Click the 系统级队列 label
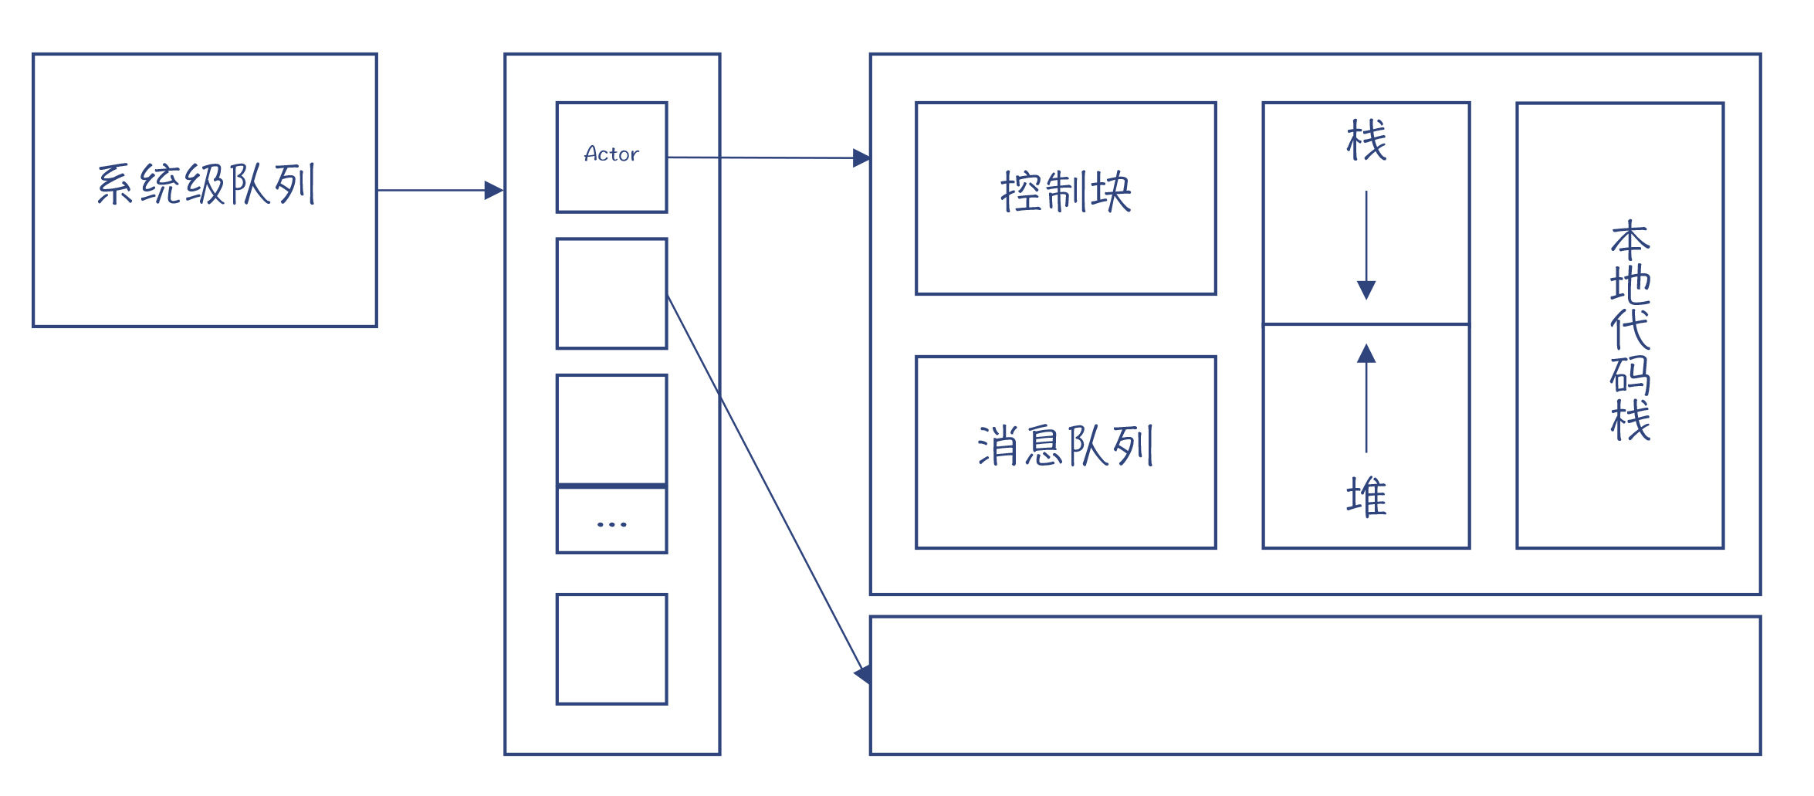point(206,184)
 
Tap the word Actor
point(611,154)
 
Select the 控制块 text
point(1065,191)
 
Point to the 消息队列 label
point(1065,445)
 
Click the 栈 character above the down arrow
point(1366,140)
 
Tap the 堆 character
point(1366,496)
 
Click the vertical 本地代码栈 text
point(1630,330)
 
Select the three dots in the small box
point(611,524)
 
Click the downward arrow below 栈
point(1366,246)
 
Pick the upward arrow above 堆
point(1366,398)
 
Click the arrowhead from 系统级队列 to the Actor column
point(494,190)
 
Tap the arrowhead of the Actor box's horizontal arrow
point(861,158)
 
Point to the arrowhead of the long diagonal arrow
point(864,674)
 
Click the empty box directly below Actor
point(611,293)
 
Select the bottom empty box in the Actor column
point(611,649)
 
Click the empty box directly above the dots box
point(611,430)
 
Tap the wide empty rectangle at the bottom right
point(1315,686)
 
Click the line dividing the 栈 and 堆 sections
point(1366,324)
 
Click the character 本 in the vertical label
point(1630,240)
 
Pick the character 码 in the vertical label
point(1630,375)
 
